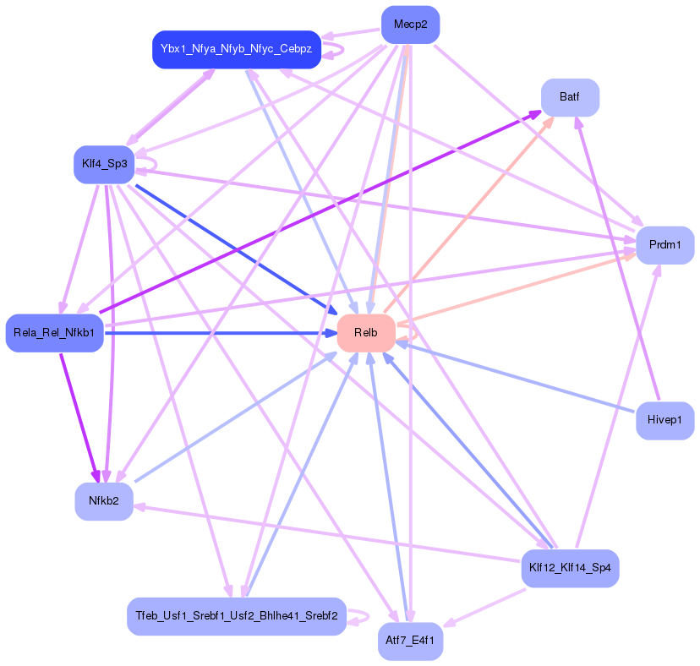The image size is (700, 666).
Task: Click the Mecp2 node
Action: pos(410,25)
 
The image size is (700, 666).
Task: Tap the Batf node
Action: pos(570,97)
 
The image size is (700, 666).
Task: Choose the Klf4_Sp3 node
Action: pos(104,164)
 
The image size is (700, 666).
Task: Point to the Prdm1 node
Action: pos(664,245)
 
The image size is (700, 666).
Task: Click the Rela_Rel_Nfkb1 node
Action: pos(54,333)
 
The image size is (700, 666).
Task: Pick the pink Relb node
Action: pos(366,333)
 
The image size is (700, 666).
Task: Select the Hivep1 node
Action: pos(664,420)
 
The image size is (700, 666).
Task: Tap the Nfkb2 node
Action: pos(104,501)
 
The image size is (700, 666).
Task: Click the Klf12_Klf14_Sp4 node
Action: pos(570,567)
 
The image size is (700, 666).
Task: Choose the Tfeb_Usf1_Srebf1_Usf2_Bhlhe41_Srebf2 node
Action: pos(236,616)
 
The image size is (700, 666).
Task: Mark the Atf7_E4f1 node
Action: pos(410,641)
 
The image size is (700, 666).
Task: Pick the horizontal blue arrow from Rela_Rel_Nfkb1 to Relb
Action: pos(220,333)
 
